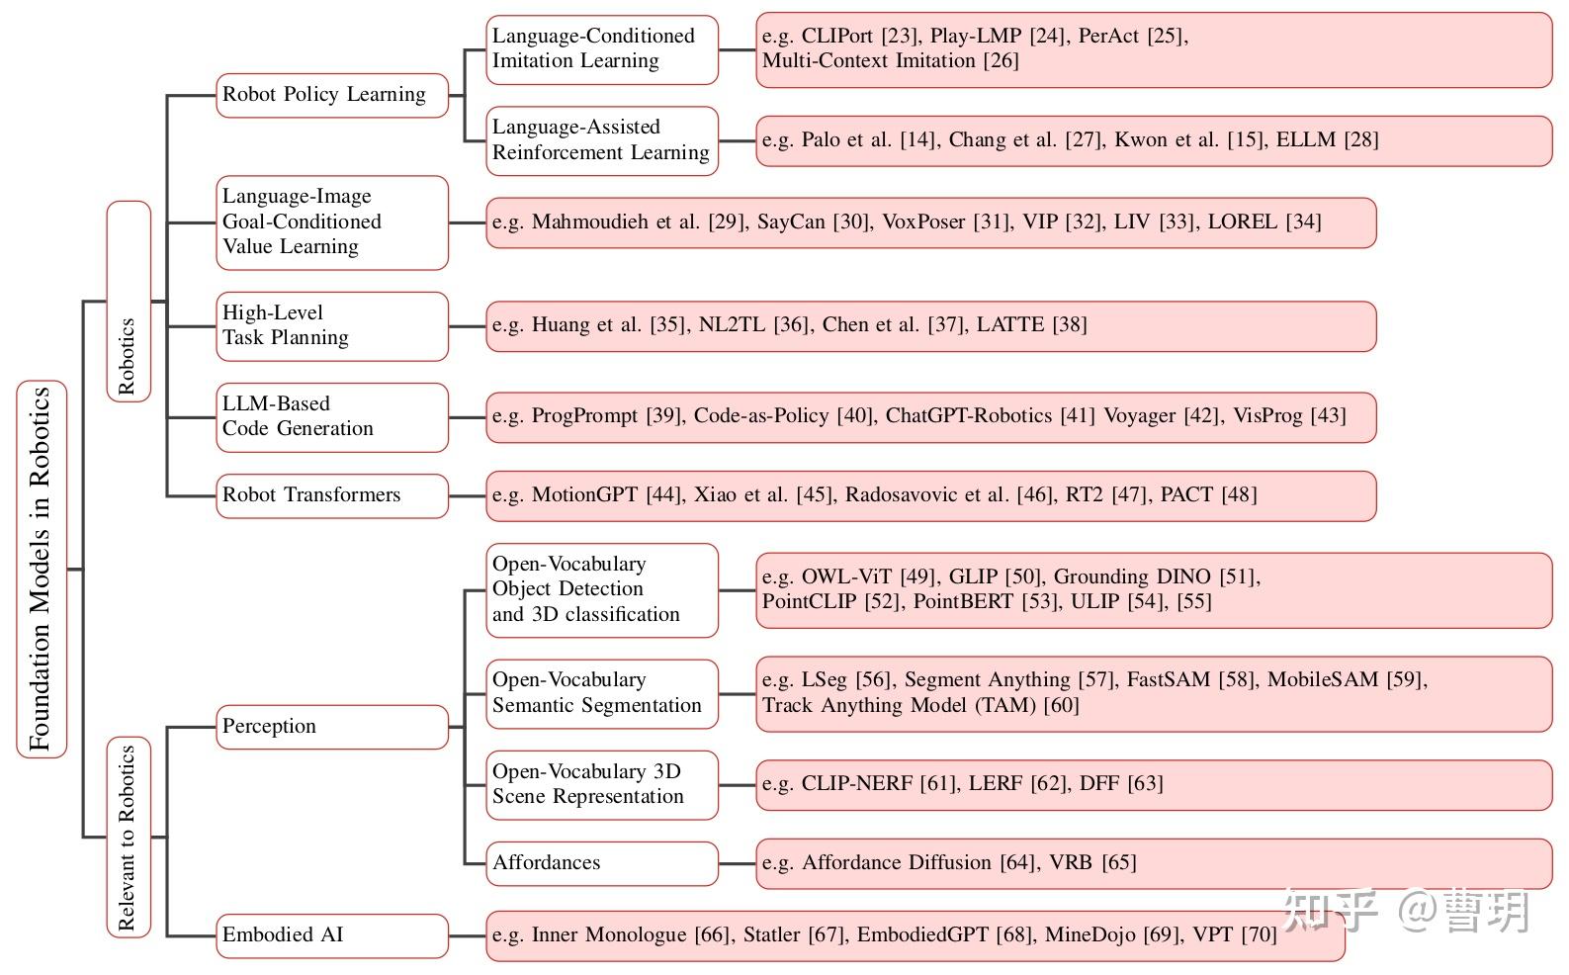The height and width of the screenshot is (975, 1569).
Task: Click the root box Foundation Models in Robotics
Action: pyautogui.click(x=42, y=569)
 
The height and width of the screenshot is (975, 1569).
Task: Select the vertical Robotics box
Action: pyautogui.click(x=129, y=302)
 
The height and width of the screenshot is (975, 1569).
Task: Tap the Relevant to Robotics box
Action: pyautogui.click(x=129, y=837)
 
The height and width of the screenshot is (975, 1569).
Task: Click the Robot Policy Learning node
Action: pyautogui.click(x=332, y=95)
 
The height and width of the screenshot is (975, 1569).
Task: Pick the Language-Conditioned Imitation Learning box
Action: pyautogui.click(x=602, y=49)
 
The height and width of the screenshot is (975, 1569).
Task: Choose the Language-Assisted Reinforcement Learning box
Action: pyautogui.click(x=602, y=140)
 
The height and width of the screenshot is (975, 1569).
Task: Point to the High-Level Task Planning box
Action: pyautogui.click(x=332, y=326)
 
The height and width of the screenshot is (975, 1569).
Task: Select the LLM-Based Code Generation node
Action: pyautogui.click(x=332, y=417)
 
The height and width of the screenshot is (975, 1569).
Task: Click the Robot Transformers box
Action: pyautogui.click(x=332, y=496)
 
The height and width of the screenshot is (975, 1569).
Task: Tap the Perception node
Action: pyautogui.click(x=332, y=727)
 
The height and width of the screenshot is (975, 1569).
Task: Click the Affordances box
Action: pyautogui.click(x=602, y=863)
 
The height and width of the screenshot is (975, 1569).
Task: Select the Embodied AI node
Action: pyautogui.click(x=332, y=935)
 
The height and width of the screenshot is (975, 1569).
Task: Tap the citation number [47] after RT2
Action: pyautogui.click(x=1131, y=494)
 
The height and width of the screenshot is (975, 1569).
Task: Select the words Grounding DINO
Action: pyautogui.click(x=1132, y=576)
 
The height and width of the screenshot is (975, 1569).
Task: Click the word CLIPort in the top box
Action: pyautogui.click(x=837, y=36)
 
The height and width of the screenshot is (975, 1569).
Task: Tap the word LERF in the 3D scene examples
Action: pyautogui.click(x=996, y=783)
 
